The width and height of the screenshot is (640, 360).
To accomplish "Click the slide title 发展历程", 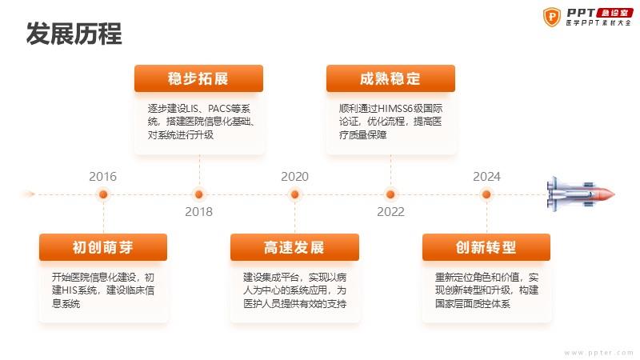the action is click(74, 34).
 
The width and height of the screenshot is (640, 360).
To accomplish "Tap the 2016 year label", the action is click(103, 176).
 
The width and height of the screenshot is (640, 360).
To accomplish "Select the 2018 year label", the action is click(198, 211).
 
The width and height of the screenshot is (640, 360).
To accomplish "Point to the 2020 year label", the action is click(294, 176).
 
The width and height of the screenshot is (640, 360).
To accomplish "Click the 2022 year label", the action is click(390, 211).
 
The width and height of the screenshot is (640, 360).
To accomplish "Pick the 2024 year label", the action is click(486, 176).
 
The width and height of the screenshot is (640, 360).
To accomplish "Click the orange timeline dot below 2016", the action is click(103, 194).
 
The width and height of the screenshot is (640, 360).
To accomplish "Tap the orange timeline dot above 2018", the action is click(198, 194).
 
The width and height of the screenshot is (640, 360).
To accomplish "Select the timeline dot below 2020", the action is click(294, 194).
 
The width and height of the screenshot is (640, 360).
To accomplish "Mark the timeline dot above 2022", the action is click(390, 194).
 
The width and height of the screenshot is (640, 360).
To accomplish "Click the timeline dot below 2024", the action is click(486, 194).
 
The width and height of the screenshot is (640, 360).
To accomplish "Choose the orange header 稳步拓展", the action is click(198, 78).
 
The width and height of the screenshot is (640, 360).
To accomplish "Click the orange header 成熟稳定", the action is click(390, 78).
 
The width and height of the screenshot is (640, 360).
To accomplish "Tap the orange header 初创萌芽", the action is click(103, 247).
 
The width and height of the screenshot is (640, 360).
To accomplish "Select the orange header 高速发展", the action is click(294, 247).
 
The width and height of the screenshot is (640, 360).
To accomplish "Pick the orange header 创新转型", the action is click(486, 247).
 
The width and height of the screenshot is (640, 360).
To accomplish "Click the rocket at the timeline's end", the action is click(581, 194).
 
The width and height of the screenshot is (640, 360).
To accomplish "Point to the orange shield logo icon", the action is click(552, 17).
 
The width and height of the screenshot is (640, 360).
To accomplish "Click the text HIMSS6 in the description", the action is click(395, 109).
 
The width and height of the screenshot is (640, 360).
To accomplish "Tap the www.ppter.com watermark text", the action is click(598, 353).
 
